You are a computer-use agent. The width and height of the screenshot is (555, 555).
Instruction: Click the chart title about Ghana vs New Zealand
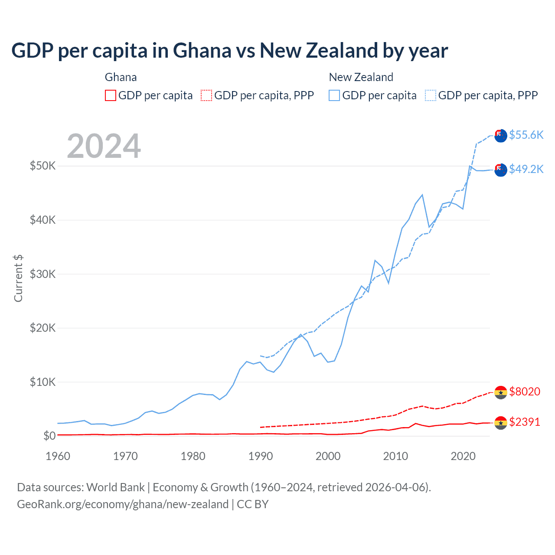[x=229, y=51]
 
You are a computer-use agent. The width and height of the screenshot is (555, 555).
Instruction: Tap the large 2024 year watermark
[x=104, y=146]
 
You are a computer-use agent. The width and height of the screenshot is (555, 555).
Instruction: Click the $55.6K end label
[x=526, y=135]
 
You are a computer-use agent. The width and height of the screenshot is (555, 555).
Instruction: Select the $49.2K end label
[x=526, y=169]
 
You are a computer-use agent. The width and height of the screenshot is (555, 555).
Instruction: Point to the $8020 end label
[x=524, y=392]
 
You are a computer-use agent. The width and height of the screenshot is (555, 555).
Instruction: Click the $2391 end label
[x=524, y=422]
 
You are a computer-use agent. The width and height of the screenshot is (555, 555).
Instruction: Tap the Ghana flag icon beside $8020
[x=501, y=392]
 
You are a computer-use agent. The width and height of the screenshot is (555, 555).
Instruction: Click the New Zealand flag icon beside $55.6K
[x=501, y=135]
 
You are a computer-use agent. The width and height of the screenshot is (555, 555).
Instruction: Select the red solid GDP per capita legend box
[x=111, y=95]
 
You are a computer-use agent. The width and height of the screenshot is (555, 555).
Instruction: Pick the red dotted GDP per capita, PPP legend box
[x=206, y=95]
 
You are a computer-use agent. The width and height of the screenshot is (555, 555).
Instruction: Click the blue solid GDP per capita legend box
[x=334, y=95]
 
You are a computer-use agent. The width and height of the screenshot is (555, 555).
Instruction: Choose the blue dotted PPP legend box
[x=431, y=95]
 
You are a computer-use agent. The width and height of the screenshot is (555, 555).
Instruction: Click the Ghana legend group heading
[x=121, y=77]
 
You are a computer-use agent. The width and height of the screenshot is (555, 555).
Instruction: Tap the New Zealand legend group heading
[x=361, y=77]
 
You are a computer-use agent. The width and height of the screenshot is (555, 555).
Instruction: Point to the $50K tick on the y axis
[x=42, y=166]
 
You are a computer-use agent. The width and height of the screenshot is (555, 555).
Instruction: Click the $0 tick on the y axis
[x=49, y=436]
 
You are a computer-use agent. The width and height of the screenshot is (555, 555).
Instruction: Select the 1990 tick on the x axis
[x=261, y=456]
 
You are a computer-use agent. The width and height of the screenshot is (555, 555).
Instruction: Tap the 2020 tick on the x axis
[x=463, y=456]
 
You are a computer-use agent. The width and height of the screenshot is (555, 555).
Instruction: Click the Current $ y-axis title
[x=18, y=278]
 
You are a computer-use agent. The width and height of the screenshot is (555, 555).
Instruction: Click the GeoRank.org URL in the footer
[x=123, y=504]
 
